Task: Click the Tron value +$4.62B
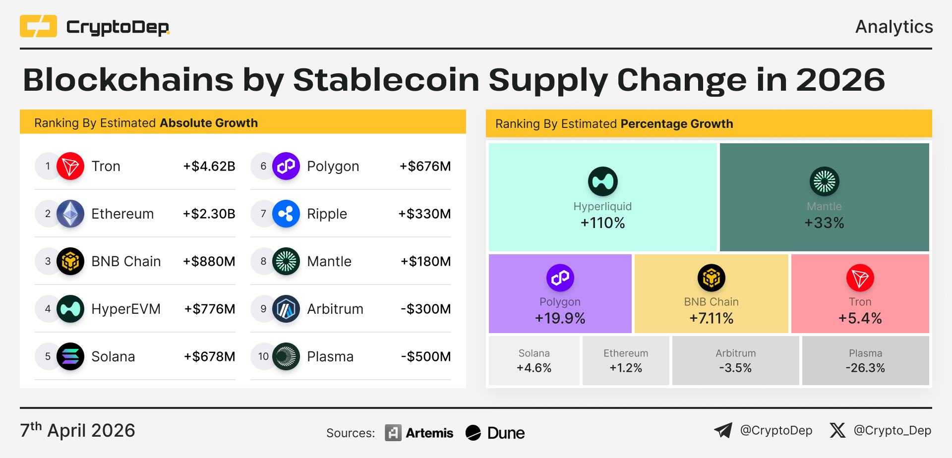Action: coord(209,166)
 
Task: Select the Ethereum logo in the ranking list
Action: coord(70,214)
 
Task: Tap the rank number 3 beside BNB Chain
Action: coord(48,261)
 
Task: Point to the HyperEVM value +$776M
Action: coord(210,309)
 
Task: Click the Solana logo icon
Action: coord(70,356)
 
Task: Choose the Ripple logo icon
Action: coord(286,214)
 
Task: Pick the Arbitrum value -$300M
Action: coord(425,309)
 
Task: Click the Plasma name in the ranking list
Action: coord(330,356)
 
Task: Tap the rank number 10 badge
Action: coord(263,356)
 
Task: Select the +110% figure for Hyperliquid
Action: coord(602,223)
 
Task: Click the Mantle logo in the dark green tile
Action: coord(824,181)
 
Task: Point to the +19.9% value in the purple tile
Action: coord(560,318)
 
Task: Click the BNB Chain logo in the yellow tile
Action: coord(711,278)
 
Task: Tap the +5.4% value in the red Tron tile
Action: coord(860,318)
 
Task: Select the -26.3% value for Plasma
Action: coord(865,368)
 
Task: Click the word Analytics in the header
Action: coord(894,27)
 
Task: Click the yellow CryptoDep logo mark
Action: coord(38,26)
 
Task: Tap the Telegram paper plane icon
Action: coord(723,430)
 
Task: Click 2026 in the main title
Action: coord(840,80)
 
